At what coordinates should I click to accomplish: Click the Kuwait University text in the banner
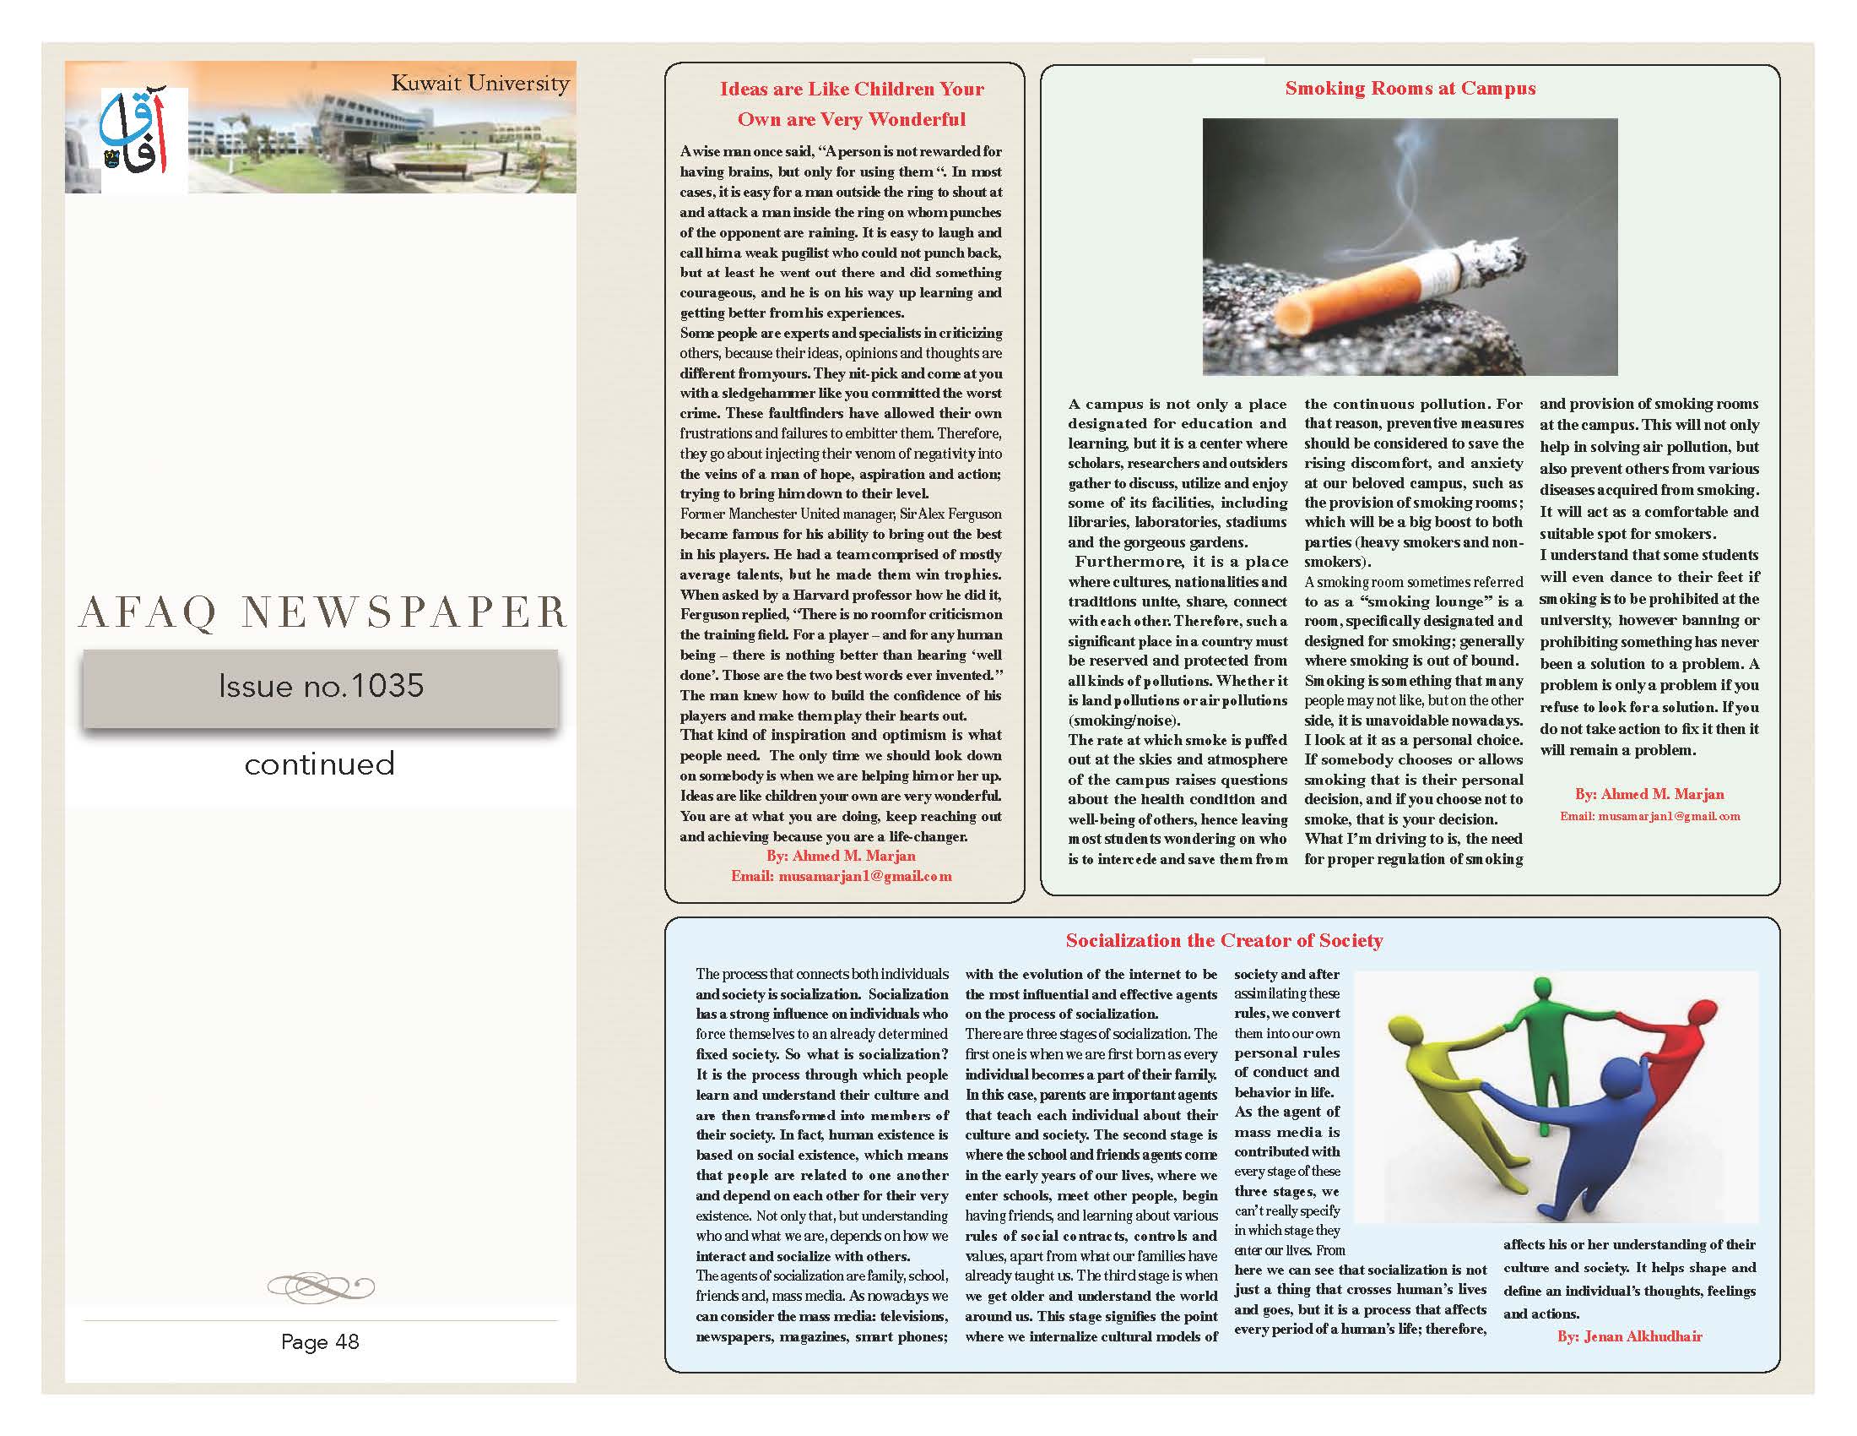[x=479, y=84]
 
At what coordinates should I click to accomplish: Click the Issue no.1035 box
[x=321, y=688]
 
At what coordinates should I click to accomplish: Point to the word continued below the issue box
[x=320, y=764]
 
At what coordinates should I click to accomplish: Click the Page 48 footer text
[x=320, y=1341]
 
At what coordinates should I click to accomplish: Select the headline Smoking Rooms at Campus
[x=1410, y=89]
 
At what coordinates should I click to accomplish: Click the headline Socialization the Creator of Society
[x=1224, y=940]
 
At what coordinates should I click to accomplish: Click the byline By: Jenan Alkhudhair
[x=1629, y=1336]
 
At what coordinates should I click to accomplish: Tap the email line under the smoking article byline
[x=1649, y=816]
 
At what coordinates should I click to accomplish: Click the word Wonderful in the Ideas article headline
[x=913, y=119]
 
